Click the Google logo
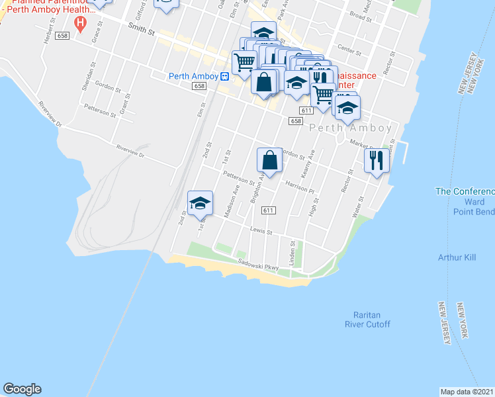22,389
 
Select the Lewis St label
261,232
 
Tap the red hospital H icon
81,25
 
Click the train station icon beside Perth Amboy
225,76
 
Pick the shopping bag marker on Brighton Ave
270,160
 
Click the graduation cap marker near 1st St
200,203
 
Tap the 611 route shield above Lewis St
268,210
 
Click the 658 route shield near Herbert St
63,35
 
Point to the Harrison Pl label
299,187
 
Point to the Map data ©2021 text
467,392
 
